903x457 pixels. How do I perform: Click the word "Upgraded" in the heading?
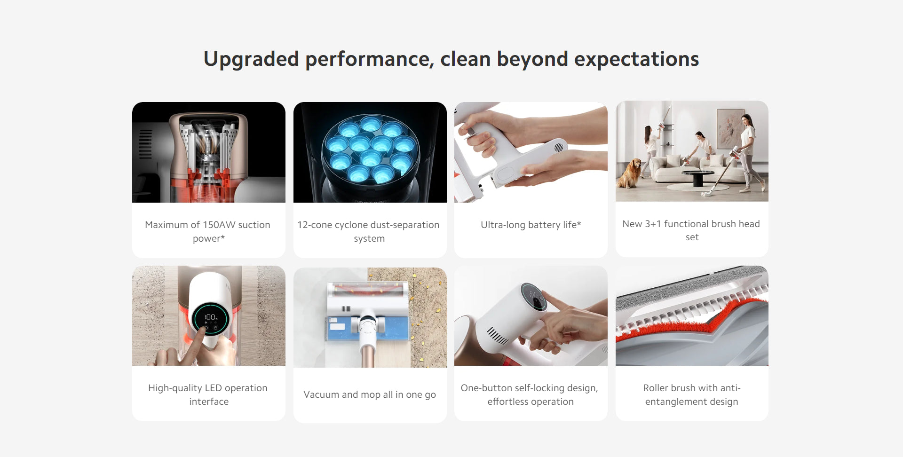click(x=251, y=60)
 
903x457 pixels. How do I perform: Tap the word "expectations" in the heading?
click(x=636, y=60)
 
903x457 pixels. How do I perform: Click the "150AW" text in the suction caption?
click(x=219, y=225)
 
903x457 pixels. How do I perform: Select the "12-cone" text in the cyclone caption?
click(x=315, y=225)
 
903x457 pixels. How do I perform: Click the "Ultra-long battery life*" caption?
click(x=531, y=225)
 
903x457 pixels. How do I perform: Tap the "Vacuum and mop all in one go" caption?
click(x=370, y=394)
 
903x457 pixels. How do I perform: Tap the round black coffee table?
click(x=698, y=177)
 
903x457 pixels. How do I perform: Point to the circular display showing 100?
click(x=210, y=318)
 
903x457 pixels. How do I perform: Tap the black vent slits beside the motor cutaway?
click(x=145, y=144)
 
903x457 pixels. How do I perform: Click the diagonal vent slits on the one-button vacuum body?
click(x=497, y=335)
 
